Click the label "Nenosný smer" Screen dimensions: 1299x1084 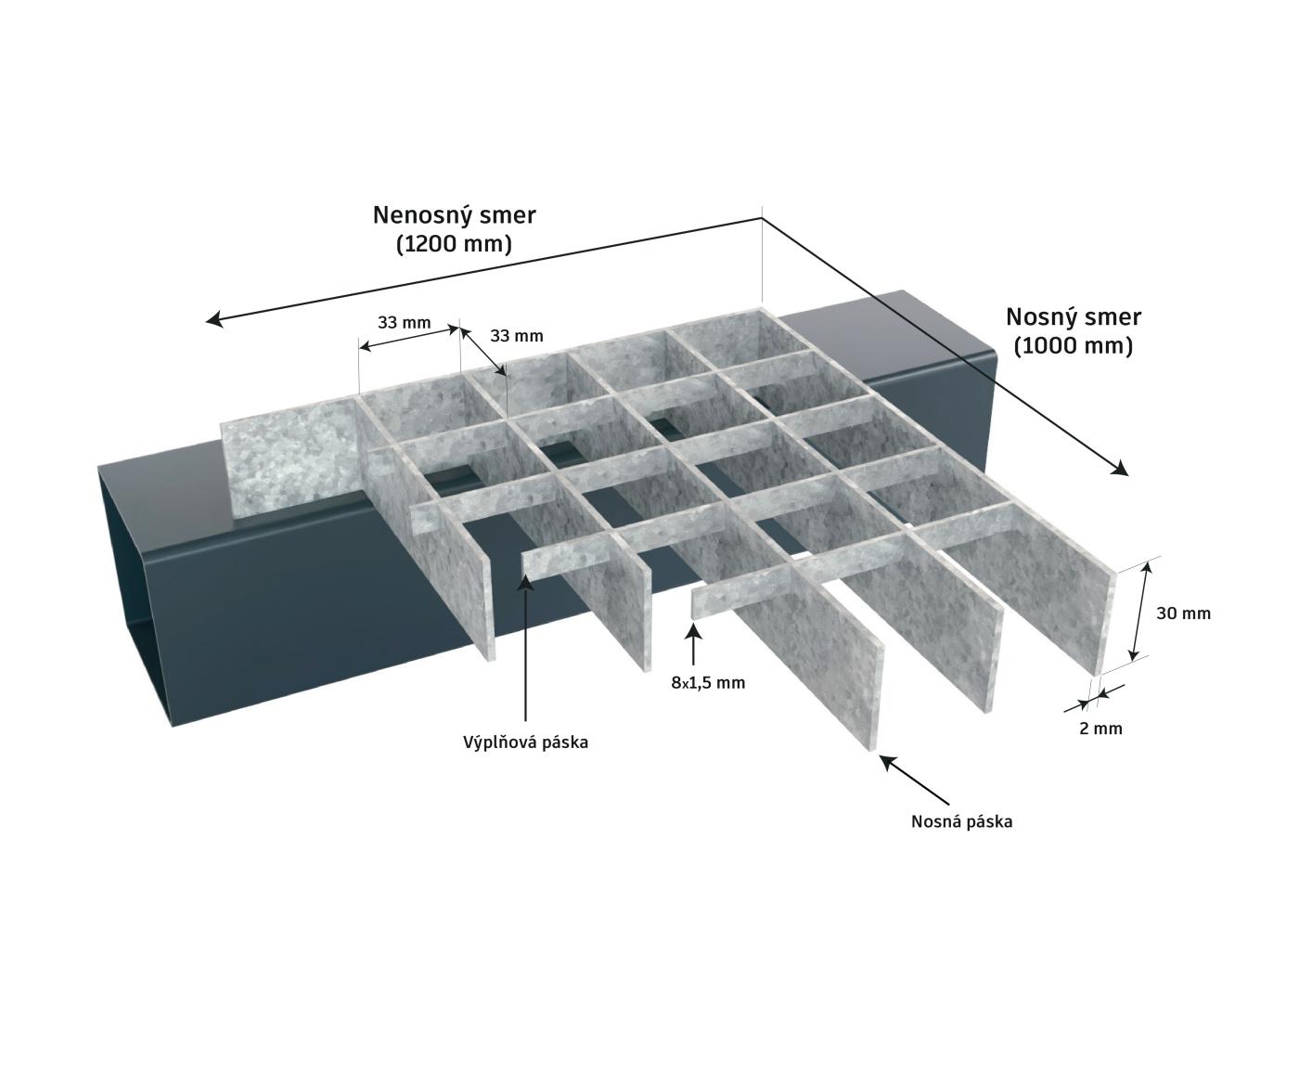pyautogui.click(x=454, y=216)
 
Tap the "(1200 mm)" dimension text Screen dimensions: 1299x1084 pyautogui.click(x=454, y=245)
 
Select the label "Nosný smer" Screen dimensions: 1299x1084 pyautogui.click(x=1074, y=318)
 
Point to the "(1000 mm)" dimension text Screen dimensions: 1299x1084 pyautogui.click(x=1074, y=346)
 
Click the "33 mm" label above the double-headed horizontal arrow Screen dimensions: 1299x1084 pyautogui.click(x=404, y=323)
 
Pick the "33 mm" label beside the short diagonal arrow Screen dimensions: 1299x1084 pyautogui.click(x=517, y=336)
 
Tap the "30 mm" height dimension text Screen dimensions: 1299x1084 pyautogui.click(x=1183, y=613)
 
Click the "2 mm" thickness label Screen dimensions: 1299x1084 pyautogui.click(x=1100, y=729)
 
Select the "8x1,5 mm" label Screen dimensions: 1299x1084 pyautogui.click(x=708, y=683)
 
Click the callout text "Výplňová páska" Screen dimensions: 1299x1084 pyautogui.click(x=526, y=742)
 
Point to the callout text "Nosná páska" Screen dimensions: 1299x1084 pyautogui.click(x=962, y=822)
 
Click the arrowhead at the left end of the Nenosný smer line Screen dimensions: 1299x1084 pyautogui.click(x=214, y=320)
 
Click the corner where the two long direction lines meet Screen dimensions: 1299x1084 pyautogui.click(x=762, y=218)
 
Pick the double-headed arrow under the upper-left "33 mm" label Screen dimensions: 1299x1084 pyautogui.click(x=409, y=338)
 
